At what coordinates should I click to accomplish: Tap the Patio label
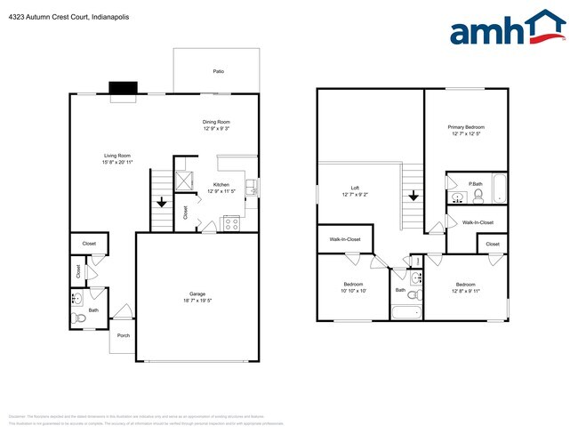[x=218, y=71]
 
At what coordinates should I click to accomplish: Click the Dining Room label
[x=216, y=122]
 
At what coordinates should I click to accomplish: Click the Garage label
[x=197, y=294]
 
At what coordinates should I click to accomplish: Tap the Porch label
[x=122, y=335]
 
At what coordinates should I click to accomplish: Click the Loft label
[x=355, y=188]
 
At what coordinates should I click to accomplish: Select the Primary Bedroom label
[x=466, y=127]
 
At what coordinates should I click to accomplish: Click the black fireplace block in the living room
[x=124, y=88]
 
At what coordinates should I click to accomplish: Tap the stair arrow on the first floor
[x=161, y=200]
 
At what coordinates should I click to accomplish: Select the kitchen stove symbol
[x=231, y=223]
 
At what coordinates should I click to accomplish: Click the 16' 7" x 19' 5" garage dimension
[x=197, y=301]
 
